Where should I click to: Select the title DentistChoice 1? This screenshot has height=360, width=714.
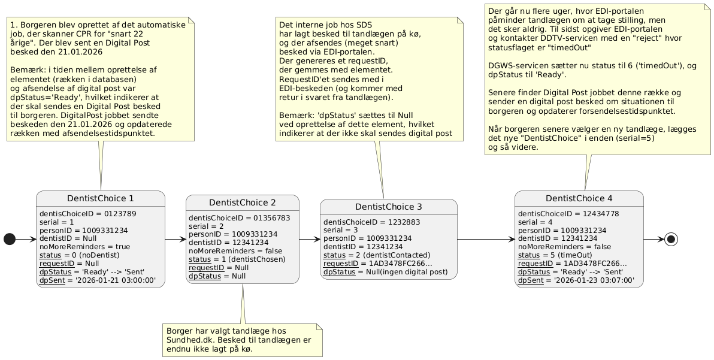click(x=100, y=198)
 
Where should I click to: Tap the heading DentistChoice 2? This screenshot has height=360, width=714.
click(x=242, y=202)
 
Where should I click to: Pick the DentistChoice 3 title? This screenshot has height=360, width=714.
click(x=389, y=207)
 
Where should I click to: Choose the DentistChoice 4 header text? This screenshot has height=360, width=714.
click(x=579, y=198)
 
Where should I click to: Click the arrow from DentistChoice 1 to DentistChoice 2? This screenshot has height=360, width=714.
click(x=176, y=240)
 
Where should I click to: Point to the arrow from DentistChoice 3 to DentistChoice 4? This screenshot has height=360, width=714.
click(x=486, y=240)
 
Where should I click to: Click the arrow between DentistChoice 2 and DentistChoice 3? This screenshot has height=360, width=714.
click(x=309, y=240)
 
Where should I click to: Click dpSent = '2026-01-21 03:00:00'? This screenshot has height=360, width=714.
click(x=98, y=280)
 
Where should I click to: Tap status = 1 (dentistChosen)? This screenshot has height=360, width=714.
click(x=237, y=259)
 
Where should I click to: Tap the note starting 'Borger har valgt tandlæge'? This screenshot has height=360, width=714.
click(x=242, y=340)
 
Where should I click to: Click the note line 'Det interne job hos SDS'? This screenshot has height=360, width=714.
click(x=325, y=25)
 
